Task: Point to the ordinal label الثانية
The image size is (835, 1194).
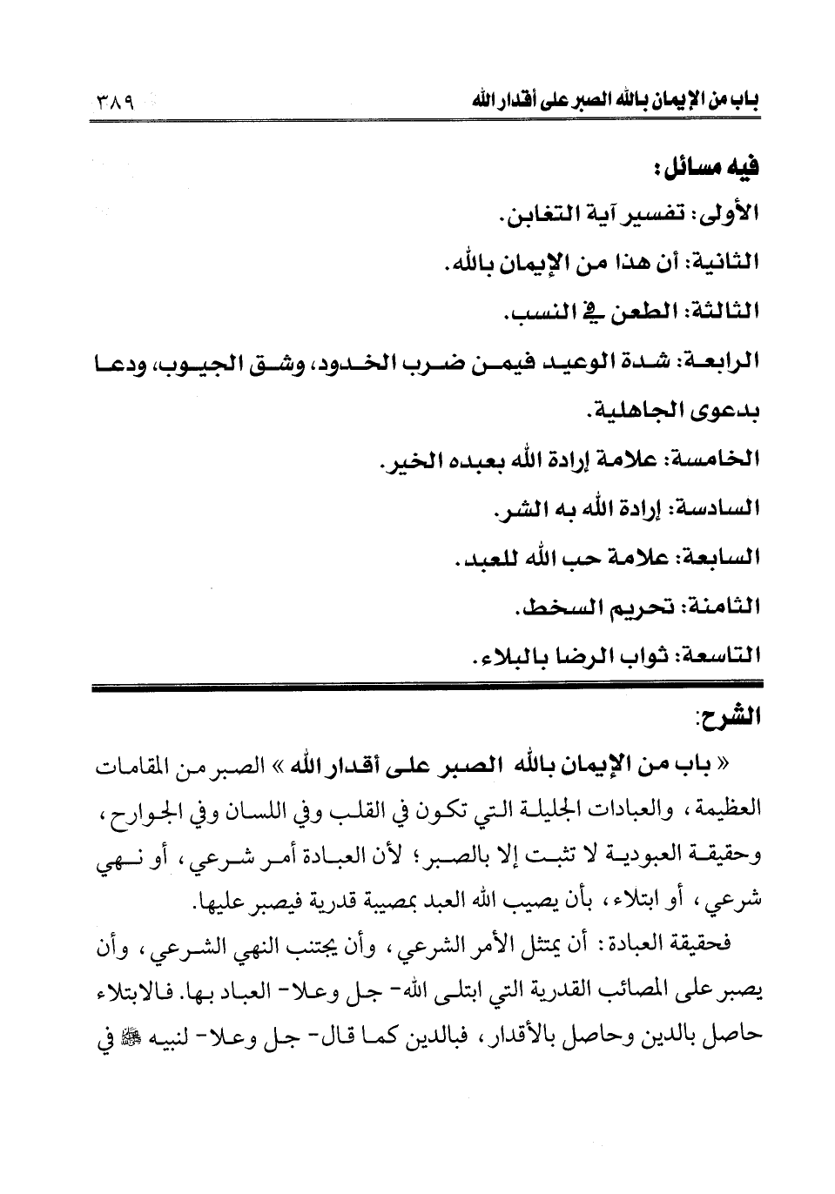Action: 721,260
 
